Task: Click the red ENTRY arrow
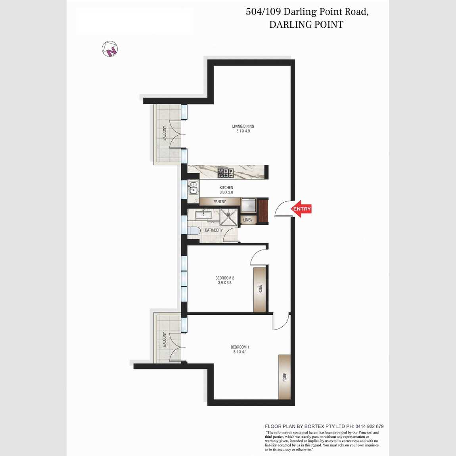point(301,209)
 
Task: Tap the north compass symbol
point(110,49)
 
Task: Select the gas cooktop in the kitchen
point(226,173)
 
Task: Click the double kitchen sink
point(193,188)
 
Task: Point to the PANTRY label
point(220,201)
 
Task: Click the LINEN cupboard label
point(248,220)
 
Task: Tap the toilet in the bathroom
point(194,231)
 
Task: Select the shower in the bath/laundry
point(228,217)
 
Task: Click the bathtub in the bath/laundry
point(203,215)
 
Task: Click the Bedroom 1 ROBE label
point(285,377)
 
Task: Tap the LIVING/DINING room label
point(243,126)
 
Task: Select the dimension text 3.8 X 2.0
point(226,193)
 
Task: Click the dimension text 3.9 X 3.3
point(224,283)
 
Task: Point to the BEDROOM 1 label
point(240,347)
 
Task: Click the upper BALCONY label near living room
point(165,133)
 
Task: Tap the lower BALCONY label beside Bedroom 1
point(165,339)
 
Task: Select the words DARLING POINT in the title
point(306,25)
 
